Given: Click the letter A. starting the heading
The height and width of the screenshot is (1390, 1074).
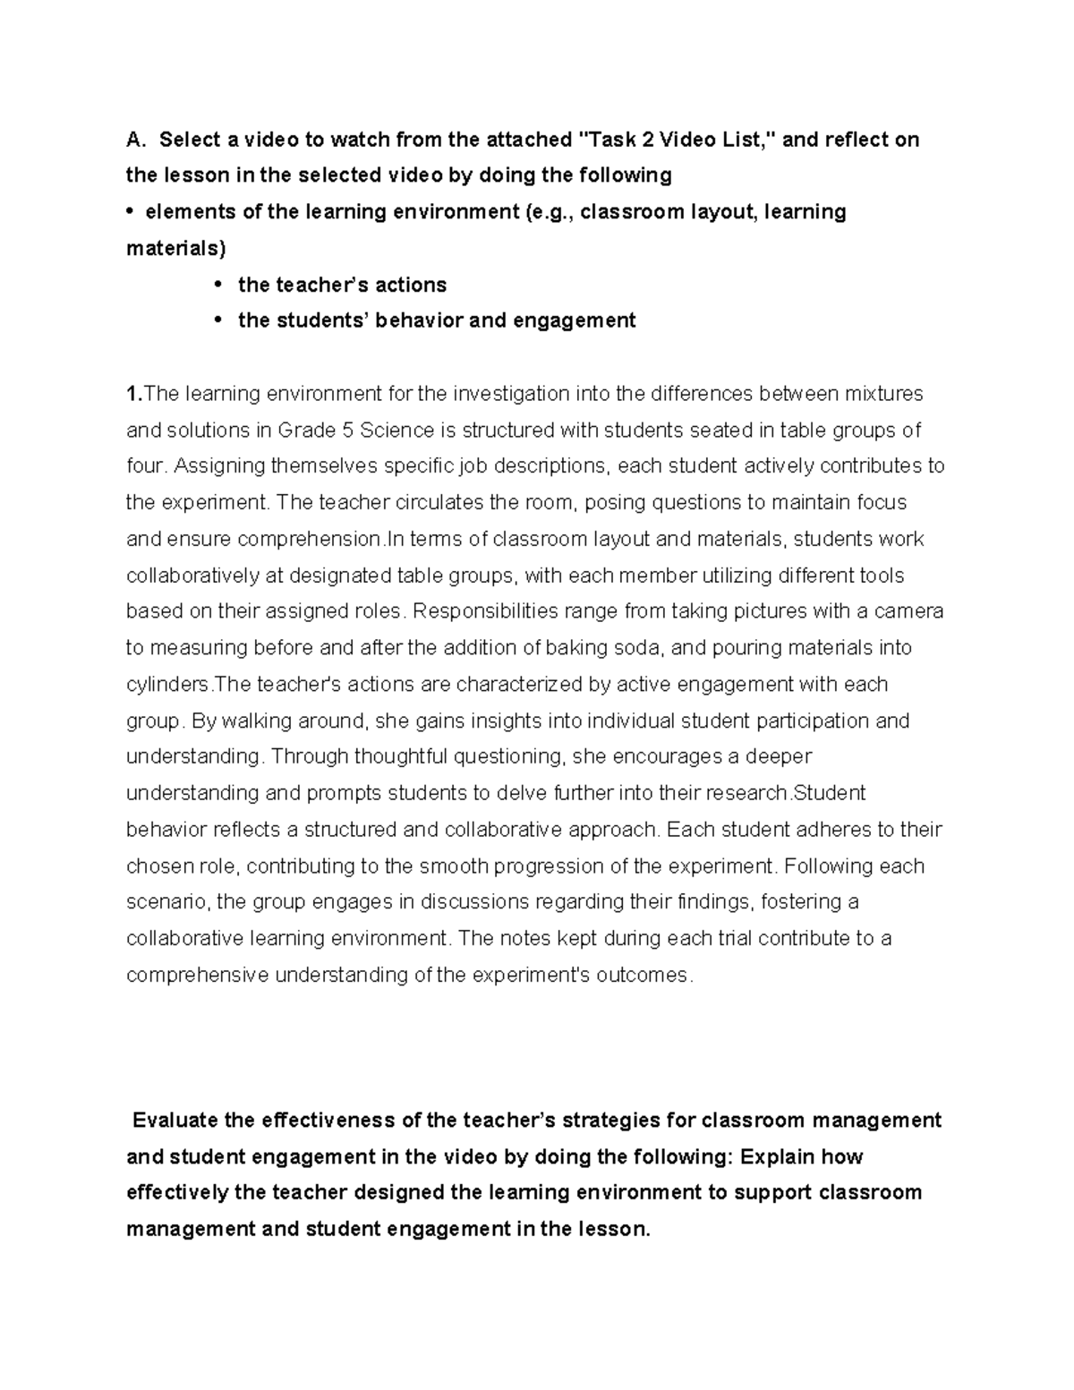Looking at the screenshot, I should point(135,140).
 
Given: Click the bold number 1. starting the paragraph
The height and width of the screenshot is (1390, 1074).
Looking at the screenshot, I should point(134,394).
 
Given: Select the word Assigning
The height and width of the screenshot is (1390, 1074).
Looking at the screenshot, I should point(219,466).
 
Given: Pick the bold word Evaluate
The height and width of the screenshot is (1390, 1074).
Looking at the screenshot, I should point(177,1121).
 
